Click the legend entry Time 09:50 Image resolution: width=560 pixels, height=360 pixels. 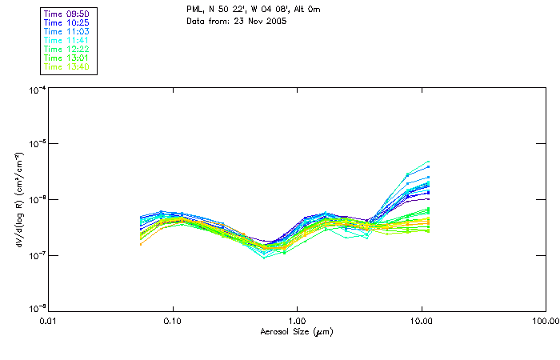click(66, 14)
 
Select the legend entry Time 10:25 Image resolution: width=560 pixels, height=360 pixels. click(66, 23)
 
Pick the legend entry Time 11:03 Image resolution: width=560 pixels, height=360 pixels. click(66, 32)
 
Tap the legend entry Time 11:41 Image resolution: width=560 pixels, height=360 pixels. click(66, 41)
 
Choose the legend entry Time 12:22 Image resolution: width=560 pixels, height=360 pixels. click(66, 50)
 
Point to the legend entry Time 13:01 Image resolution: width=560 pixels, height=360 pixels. click(66, 58)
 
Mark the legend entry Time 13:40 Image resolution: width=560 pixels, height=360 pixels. click(66, 67)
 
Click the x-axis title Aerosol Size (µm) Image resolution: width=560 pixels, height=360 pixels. click(297, 331)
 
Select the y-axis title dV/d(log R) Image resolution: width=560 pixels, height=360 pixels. click(18, 199)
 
